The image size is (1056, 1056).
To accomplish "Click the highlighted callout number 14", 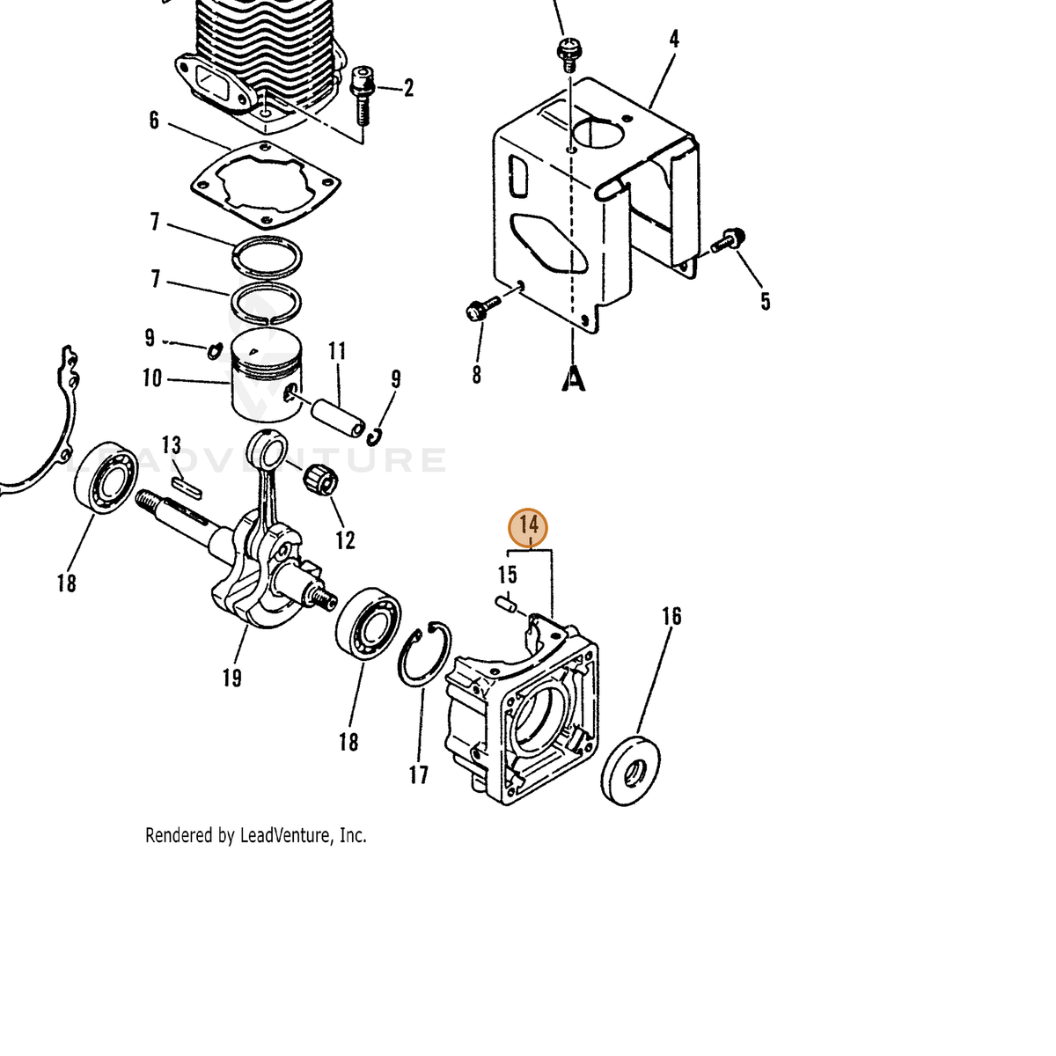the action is (x=528, y=525).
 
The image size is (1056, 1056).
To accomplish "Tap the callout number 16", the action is (x=671, y=617).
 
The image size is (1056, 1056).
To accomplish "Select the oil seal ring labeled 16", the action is (x=630, y=768).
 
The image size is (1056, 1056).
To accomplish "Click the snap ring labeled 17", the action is (x=425, y=654).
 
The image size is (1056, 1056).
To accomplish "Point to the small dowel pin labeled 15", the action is (x=506, y=605).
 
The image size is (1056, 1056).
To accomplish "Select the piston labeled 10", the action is (x=267, y=376).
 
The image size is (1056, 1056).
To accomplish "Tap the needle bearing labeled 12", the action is (x=320, y=480).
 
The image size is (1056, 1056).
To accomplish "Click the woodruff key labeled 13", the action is (x=187, y=488).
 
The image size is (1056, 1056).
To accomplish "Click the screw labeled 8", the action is (x=482, y=308).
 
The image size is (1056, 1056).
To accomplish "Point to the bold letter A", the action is (x=573, y=378).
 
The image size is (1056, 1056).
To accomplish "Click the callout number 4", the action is (x=674, y=39).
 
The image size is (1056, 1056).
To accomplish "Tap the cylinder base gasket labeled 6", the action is (x=266, y=184).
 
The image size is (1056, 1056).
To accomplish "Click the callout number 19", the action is (x=231, y=678).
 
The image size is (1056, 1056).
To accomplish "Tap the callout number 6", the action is (x=154, y=121).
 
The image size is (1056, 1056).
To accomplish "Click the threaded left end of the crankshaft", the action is (x=150, y=502).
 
